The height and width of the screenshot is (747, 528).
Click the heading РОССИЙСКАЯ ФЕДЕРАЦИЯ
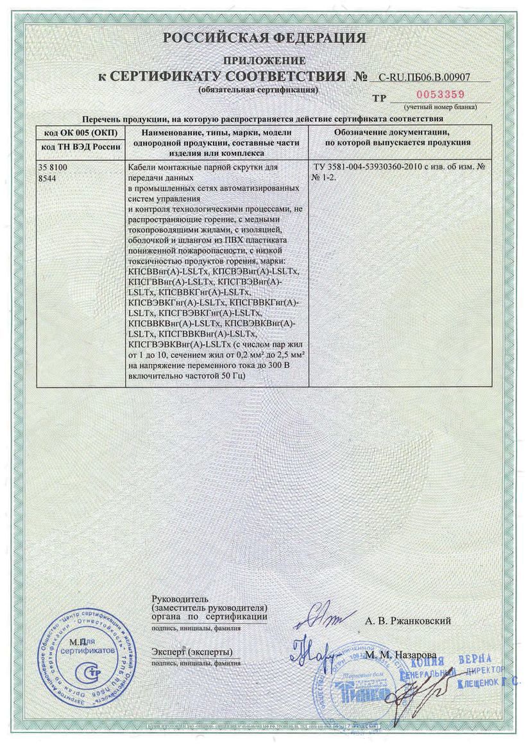click(x=264, y=38)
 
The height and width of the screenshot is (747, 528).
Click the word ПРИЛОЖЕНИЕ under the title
click(x=264, y=60)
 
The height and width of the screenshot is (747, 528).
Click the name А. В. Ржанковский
click(x=407, y=621)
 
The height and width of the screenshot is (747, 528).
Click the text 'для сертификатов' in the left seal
click(x=93, y=646)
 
